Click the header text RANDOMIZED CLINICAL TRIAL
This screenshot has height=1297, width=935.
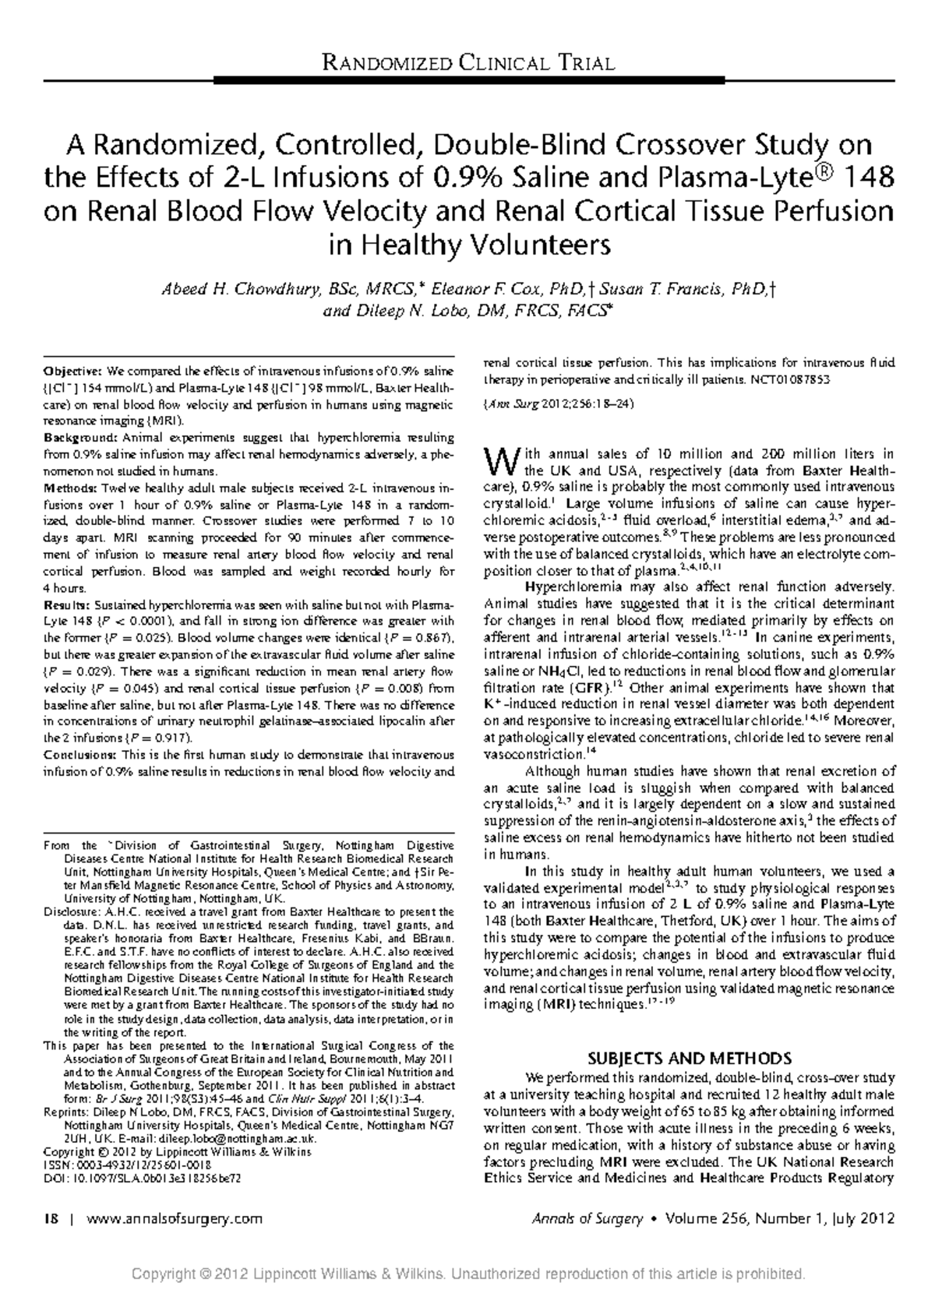point(467,62)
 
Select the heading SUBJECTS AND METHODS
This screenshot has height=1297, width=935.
point(689,1059)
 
